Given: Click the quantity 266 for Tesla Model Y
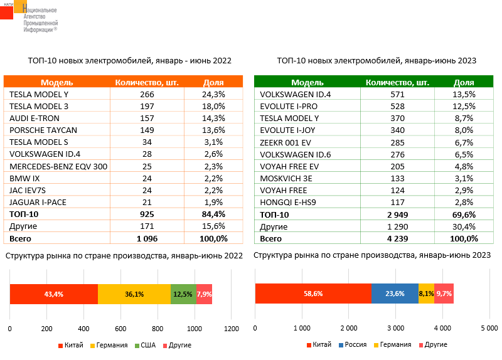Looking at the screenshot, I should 147,93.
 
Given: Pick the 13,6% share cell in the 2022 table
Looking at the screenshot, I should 213,130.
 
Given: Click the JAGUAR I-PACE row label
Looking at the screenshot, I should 38,202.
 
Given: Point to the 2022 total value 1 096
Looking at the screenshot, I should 147,238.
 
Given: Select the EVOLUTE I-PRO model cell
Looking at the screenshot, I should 286,106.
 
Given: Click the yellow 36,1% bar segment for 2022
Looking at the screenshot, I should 134,294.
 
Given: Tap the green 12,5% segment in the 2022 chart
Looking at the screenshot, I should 183,294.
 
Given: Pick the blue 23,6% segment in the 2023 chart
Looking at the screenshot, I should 394,294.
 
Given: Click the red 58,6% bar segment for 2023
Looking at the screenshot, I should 312,294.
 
